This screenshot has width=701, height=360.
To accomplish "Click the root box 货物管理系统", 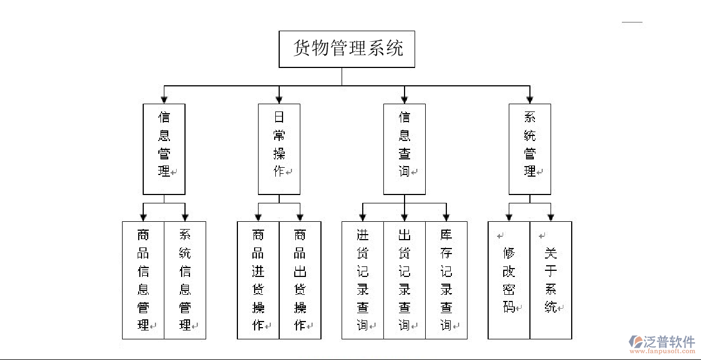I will [x=347, y=49].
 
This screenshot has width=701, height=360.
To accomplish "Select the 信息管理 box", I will [x=164, y=149].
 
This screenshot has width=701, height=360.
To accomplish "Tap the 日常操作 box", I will [x=279, y=149].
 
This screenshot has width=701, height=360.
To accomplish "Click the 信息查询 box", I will [x=405, y=149].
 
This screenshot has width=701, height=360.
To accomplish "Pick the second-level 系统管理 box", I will [x=530, y=149].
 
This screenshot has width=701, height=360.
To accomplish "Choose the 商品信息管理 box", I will [x=143, y=280].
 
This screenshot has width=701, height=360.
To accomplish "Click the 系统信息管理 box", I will [x=185, y=280].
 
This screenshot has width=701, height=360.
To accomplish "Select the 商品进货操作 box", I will [x=258, y=280].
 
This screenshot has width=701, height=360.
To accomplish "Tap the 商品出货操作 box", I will [x=300, y=280].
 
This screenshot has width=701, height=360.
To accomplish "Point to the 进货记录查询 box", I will [x=363, y=280].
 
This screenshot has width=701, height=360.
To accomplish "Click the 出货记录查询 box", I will [x=405, y=280].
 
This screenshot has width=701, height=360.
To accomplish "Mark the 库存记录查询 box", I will [x=446, y=280].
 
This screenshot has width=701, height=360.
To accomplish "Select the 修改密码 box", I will [x=509, y=280].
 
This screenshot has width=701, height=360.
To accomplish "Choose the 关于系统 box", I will [x=551, y=280].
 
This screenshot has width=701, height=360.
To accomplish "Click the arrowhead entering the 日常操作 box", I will [x=279, y=100].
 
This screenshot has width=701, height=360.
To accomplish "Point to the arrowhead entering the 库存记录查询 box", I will [x=446, y=217].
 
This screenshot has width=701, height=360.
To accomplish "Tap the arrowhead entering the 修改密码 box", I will [x=509, y=217].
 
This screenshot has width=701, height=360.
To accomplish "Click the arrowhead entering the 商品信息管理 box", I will [x=144, y=217].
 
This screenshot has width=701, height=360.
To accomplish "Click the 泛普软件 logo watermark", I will [x=662, y=344].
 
